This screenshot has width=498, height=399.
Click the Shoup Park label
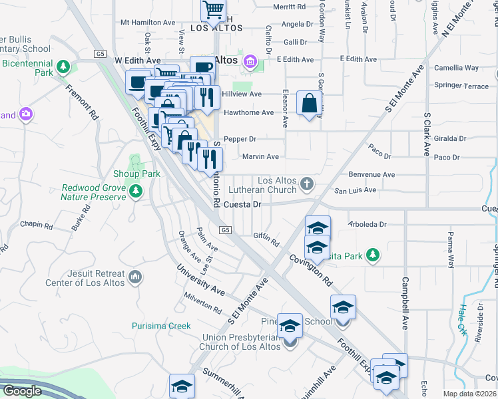click(x=142, y=174)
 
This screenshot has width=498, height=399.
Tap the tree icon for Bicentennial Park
click(x=63, y=66)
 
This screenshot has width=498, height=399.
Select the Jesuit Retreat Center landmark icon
click(x=135, y=277)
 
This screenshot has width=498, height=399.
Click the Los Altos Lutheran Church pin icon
click(x=307, y=183)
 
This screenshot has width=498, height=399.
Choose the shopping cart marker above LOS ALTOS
click(x=214, y=10)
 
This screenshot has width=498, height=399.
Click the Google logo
click(x=21, y=391)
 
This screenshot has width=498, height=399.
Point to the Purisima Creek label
click(x=161, y=326)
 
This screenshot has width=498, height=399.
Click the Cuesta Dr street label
click(x=242, y=205)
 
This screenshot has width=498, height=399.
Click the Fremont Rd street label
click(x=82, y=102)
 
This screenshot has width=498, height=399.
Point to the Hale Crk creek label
click(x=461, y=319)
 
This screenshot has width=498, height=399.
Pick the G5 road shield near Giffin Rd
click(x=226, y=230)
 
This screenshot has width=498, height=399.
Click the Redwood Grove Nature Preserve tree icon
click(x=136, y=192)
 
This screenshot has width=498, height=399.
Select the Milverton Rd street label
click(x=204, y=305)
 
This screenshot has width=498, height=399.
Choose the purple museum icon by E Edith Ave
click(x=250, y=62)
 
